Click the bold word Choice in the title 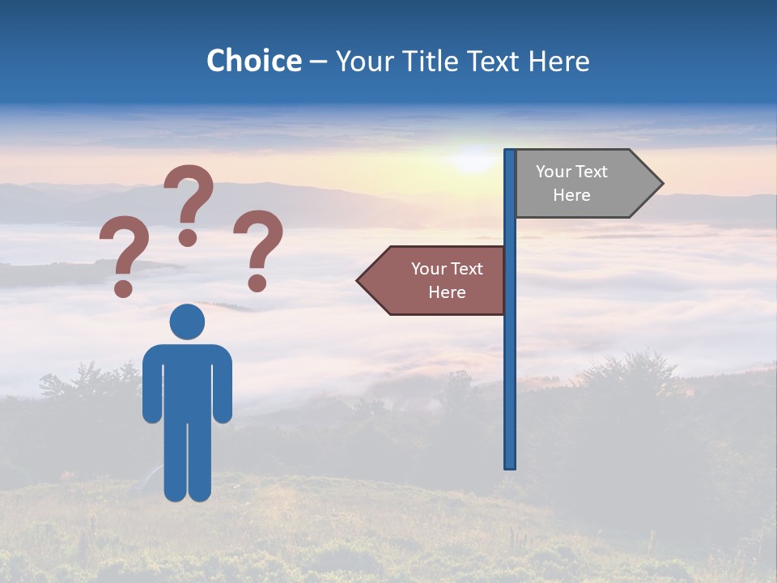click(253, 61)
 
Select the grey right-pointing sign click(583, 184)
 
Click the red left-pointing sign click(437, 281)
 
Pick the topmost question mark click(189, 198)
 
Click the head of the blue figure click(187, 321)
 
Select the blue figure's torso click(187, 381)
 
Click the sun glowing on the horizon click(473, 159)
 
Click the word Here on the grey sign click(571, 195)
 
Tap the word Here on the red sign click(447, 292)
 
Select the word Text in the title click(494, 61)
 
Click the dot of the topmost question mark click(188, 237)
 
